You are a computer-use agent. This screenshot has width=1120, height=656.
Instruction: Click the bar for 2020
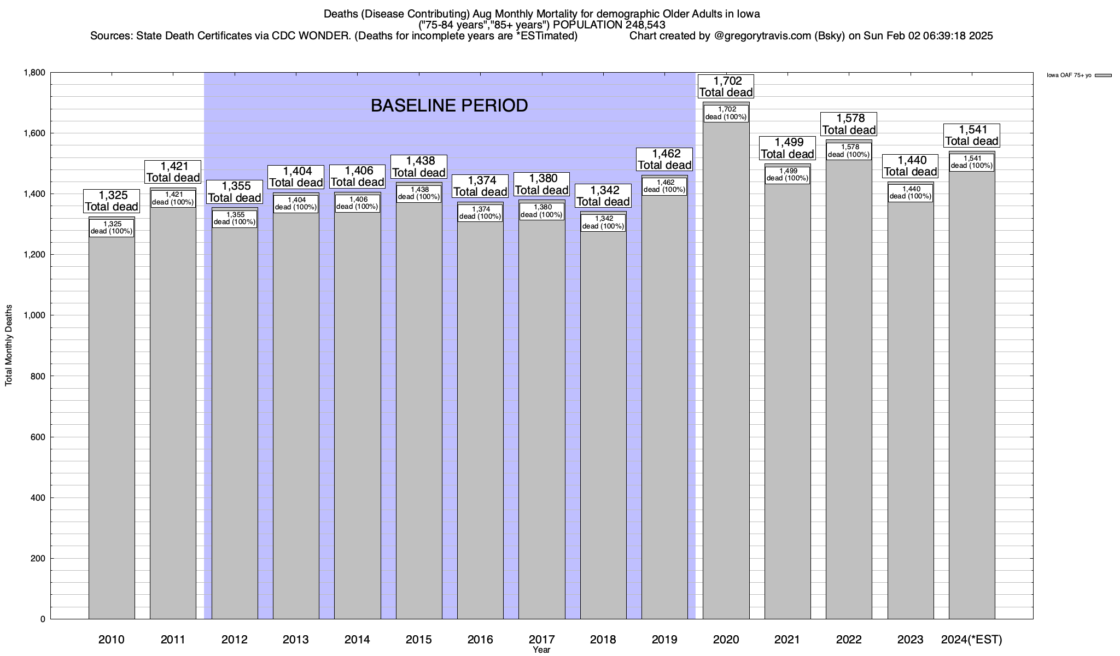(726, 383)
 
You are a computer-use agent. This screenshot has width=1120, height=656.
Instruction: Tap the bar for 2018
(603, 426)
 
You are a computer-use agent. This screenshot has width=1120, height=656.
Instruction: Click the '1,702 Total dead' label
(726, 87)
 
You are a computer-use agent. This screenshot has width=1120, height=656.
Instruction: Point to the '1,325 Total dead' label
(112, 201)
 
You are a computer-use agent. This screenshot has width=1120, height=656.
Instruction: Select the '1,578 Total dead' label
(849, 125)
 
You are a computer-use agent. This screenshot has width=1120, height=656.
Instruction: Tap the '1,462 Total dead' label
(665, 160)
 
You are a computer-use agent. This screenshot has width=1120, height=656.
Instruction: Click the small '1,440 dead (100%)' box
(911, 193)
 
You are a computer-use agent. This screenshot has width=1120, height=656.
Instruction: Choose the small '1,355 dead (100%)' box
(235, 219)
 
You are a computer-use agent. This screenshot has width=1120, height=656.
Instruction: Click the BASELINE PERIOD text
(449, 106)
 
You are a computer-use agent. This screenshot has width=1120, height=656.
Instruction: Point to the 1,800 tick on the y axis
(34, 73)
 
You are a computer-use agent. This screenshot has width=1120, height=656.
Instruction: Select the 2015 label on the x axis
(419, 640)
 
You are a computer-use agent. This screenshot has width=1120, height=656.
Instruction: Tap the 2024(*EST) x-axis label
(971, 640)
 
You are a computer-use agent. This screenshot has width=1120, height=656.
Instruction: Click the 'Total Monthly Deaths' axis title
(9, 345)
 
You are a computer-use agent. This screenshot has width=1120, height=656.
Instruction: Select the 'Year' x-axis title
(541, 650)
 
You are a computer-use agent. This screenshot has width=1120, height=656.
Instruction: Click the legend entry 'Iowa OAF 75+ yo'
(1069, 75)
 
